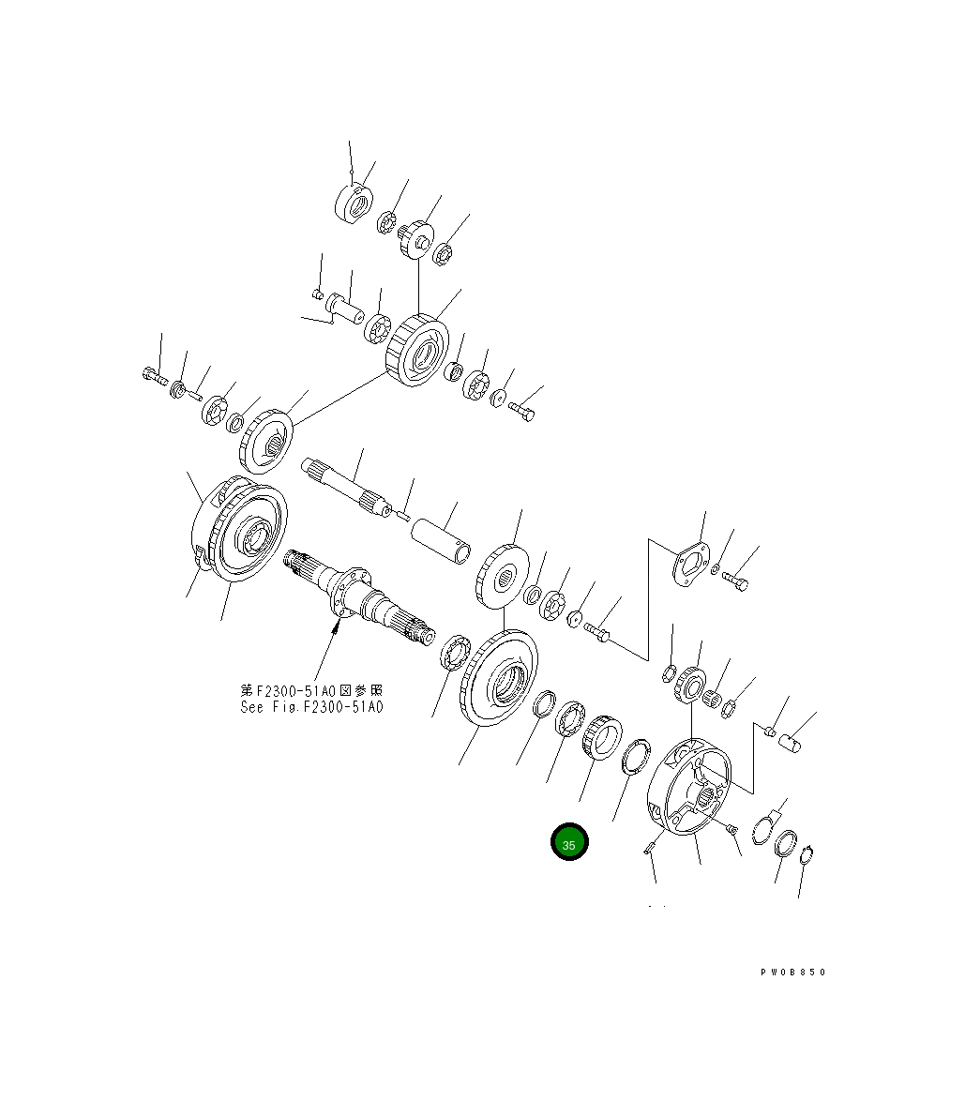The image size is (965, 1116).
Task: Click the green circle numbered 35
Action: pyautogui.click(x=568, y=843)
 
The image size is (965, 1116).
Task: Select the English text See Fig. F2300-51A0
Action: pyautogui.click(x=311, y=707)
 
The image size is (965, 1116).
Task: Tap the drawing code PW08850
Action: pyautogui.click(x=792, y=973)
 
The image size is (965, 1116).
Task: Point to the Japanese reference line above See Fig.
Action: pyautogui.click(x=311, y=691)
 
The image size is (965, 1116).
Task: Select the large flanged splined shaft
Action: pyautogui.click(x=361, y=597)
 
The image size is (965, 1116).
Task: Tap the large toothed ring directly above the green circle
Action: pyautogui.click(x=600, y=739)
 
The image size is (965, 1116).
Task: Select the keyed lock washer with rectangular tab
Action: pyautogui.click(x=766, y=828)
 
